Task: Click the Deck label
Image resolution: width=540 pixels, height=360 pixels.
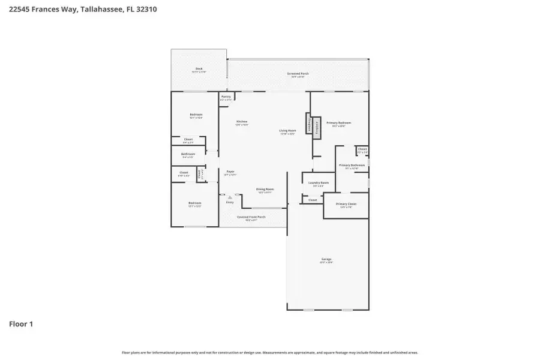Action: pos(199,69)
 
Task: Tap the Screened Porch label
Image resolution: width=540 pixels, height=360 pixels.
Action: pos(298,73)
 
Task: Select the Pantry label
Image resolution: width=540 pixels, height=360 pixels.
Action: pos(226,97)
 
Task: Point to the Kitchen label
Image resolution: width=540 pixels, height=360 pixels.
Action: pos(241,122)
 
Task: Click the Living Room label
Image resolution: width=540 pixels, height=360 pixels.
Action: pos(287,130)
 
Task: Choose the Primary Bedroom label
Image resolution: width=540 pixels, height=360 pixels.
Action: pos(339,123)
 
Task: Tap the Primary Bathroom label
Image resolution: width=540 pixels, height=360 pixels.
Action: pos(352,165)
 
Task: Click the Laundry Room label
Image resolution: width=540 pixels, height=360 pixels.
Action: pos(318,182)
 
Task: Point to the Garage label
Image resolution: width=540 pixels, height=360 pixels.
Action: pos(326,259)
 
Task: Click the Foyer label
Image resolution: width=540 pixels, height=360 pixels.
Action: pos(230,172)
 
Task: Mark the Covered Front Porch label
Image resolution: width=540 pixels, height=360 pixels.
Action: pos(251,217)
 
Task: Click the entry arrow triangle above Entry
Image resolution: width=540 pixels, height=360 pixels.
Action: pos(229,196)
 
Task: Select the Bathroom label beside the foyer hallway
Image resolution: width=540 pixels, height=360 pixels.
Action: pos(188,154)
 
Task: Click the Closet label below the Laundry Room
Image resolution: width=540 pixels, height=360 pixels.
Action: pos(313,200)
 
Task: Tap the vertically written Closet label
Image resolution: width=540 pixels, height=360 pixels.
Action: pos(200,175)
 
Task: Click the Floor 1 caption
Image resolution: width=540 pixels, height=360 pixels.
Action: pos(21,324)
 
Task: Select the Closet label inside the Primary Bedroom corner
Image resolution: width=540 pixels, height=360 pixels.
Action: pos(362,149)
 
